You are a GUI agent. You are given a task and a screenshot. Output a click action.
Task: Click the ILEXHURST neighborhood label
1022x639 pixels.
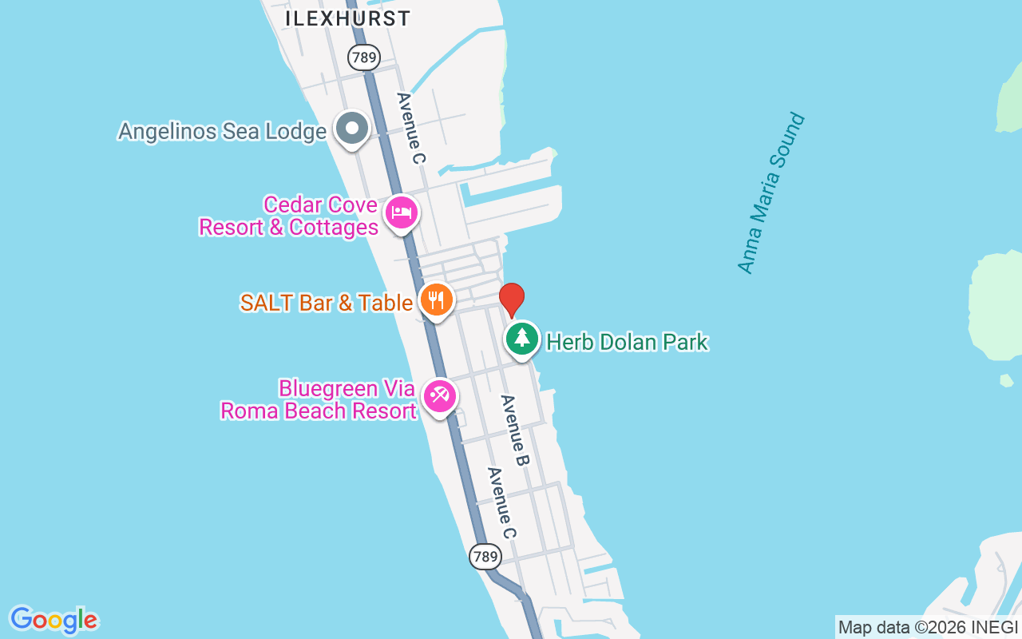point(348,18)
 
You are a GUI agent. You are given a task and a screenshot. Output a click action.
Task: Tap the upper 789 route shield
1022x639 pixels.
point(363,57)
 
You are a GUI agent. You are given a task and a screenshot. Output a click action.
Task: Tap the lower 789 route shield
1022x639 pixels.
point(485,556)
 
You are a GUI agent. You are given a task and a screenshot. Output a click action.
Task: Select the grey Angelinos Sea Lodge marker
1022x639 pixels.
point(351,129)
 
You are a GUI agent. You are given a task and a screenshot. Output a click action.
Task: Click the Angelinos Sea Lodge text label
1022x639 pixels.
point(222,131)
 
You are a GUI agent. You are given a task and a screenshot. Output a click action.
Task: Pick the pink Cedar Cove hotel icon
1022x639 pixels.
point(402,212)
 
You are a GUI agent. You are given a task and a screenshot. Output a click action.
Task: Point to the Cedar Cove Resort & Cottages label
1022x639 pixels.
point(288,216)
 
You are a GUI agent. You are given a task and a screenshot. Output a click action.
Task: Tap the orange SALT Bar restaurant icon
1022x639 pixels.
point(435,300)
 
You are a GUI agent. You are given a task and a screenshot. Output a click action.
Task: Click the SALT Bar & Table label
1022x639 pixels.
point(327,303)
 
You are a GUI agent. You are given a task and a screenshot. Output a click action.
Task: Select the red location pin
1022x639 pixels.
point(512,300)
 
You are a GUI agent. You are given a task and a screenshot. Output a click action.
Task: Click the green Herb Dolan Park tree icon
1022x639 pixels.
point(522,339)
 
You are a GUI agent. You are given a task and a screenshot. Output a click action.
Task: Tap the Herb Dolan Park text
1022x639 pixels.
point(627,343)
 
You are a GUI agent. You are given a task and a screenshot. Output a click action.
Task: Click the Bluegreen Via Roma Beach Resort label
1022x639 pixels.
point(319,399)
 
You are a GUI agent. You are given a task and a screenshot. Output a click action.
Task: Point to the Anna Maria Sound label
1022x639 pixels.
point(771,193)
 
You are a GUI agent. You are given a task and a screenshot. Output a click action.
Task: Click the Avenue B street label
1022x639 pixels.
point(516,431)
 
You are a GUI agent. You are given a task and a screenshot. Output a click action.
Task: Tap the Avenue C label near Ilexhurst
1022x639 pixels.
point(411,128)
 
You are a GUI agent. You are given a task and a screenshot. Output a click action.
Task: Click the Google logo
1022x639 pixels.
point(53,620)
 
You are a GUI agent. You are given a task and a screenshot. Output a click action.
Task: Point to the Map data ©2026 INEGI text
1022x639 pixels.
point(928,628)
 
